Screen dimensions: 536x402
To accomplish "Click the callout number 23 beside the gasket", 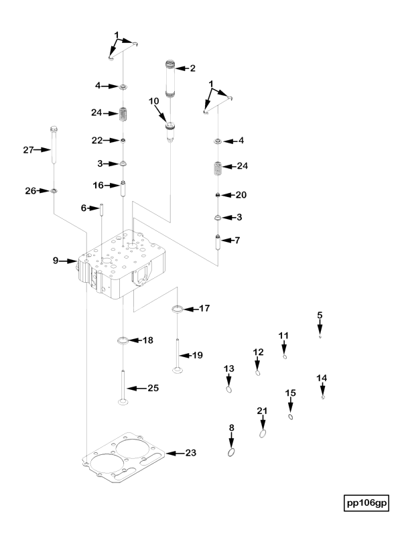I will tap(191, 454).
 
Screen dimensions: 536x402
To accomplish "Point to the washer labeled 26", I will tap(54, 192).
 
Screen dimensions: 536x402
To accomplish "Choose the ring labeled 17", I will tap(178, 309).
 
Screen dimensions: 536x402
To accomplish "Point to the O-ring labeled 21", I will tap(263, 433).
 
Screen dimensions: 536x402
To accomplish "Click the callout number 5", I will tap(320, 314).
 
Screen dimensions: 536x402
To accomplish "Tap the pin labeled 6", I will tap(102, 209).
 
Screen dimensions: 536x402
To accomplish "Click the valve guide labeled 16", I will tap(123, 187).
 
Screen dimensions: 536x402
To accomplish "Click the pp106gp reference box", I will tap(366, 503).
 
